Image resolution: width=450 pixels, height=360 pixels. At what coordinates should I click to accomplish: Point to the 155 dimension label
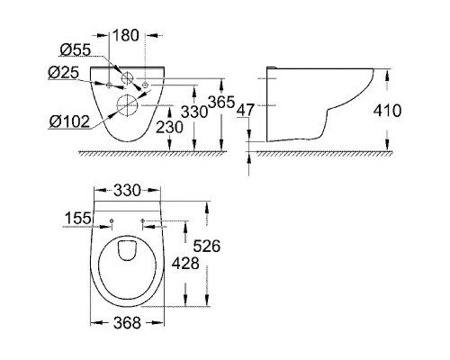(x=80, y=219)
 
